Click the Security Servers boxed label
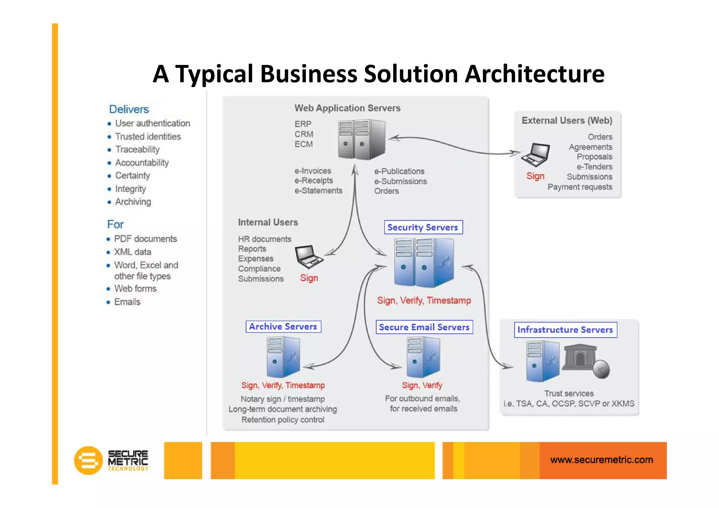[423, 227]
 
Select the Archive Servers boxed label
[283, 326]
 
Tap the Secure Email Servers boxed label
[424, 327]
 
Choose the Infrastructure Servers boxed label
[565, 330]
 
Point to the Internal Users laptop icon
[308, 257]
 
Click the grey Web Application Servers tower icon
[362, 139]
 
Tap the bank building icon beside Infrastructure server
[580, 357]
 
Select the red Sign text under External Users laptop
[535, 176]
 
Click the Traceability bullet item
[137, 150]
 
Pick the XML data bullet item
[133, 252]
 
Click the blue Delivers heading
[129, 109]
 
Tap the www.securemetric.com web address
[601, 460]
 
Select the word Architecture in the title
[534, 74]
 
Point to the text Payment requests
[580, 187]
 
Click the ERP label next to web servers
[303, 124]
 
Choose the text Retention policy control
[283, 420]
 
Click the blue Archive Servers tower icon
[283, 356]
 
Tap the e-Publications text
[399, 171]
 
